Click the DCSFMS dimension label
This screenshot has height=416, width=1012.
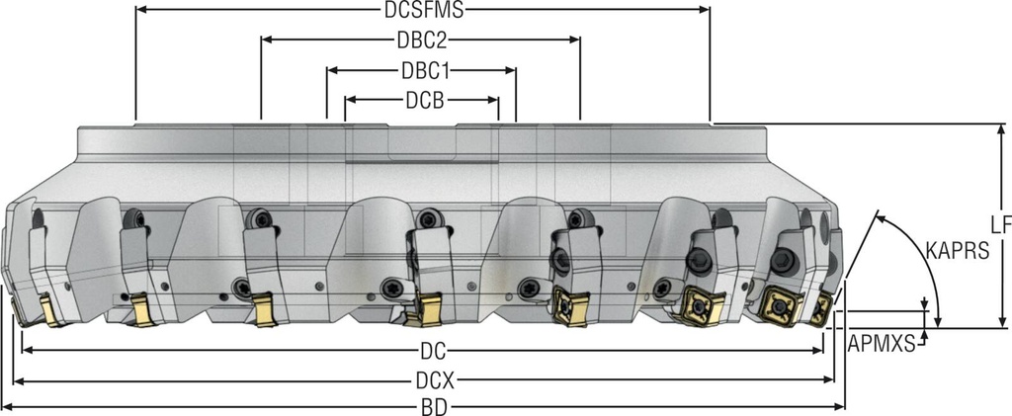pos(423,10)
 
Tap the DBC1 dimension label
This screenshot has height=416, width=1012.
pos(422,71)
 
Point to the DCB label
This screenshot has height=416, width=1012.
pos(423,100)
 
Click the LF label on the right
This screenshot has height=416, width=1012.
pos(1000,225)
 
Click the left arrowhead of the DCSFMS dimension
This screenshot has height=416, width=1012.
pos(140,10)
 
